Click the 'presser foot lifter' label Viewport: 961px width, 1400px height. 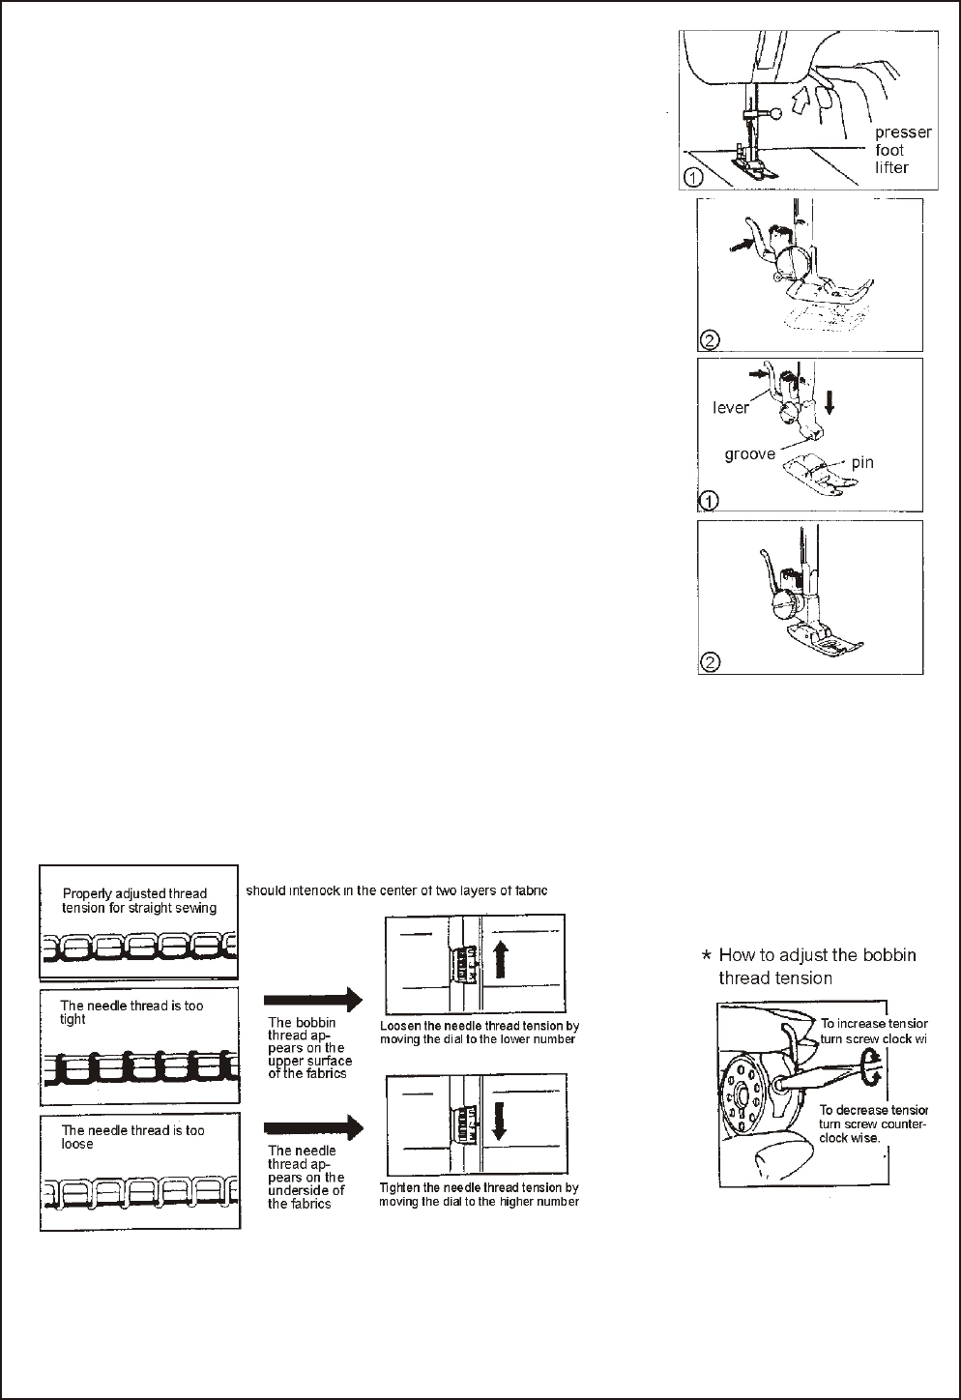[902, 150]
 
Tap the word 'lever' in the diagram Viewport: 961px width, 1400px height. [731, 408]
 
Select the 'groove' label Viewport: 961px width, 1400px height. [750, 453]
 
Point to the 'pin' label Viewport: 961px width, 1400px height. [862, 462]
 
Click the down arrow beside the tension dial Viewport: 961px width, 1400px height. [500, 1123]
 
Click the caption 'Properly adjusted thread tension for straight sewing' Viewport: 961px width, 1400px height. [138, 901]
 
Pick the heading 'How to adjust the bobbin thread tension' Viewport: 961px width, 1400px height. [817, 966]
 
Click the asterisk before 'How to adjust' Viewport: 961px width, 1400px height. [707, 956]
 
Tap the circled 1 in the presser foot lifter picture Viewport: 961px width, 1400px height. [692, 177]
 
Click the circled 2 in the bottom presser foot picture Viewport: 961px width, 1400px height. [710, 662]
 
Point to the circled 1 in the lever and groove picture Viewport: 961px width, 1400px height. [709, 501]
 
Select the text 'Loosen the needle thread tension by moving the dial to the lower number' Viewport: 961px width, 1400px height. [480, 1033]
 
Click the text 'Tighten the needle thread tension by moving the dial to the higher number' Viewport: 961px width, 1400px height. [480, 1195]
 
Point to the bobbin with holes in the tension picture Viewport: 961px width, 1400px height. [746, 1094]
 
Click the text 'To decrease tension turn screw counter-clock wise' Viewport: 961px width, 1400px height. [872, 1123]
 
